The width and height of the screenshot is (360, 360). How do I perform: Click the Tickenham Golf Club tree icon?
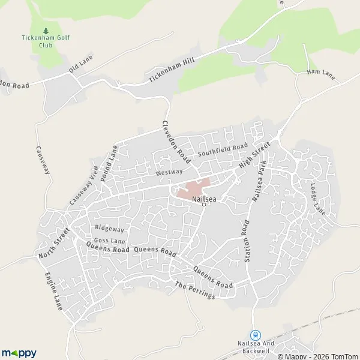46,31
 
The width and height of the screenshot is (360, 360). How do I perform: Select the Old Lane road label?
79,65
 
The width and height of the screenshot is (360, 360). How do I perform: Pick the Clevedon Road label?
176,142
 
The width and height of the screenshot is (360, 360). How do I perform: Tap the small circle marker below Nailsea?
204,205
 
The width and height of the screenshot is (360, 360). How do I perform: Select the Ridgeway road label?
110,229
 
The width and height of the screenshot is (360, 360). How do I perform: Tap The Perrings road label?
194,291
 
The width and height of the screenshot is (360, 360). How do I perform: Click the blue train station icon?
256,335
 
